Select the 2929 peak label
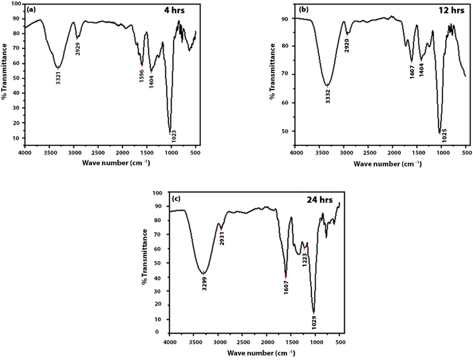pyautogui.click(x=78, y=48)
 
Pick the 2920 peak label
pyautogui.click(x=346, y=46)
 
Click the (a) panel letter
pyautogui.click(x=31, y=9)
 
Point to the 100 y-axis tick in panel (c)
pyautogui.click(x=156, y=193)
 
